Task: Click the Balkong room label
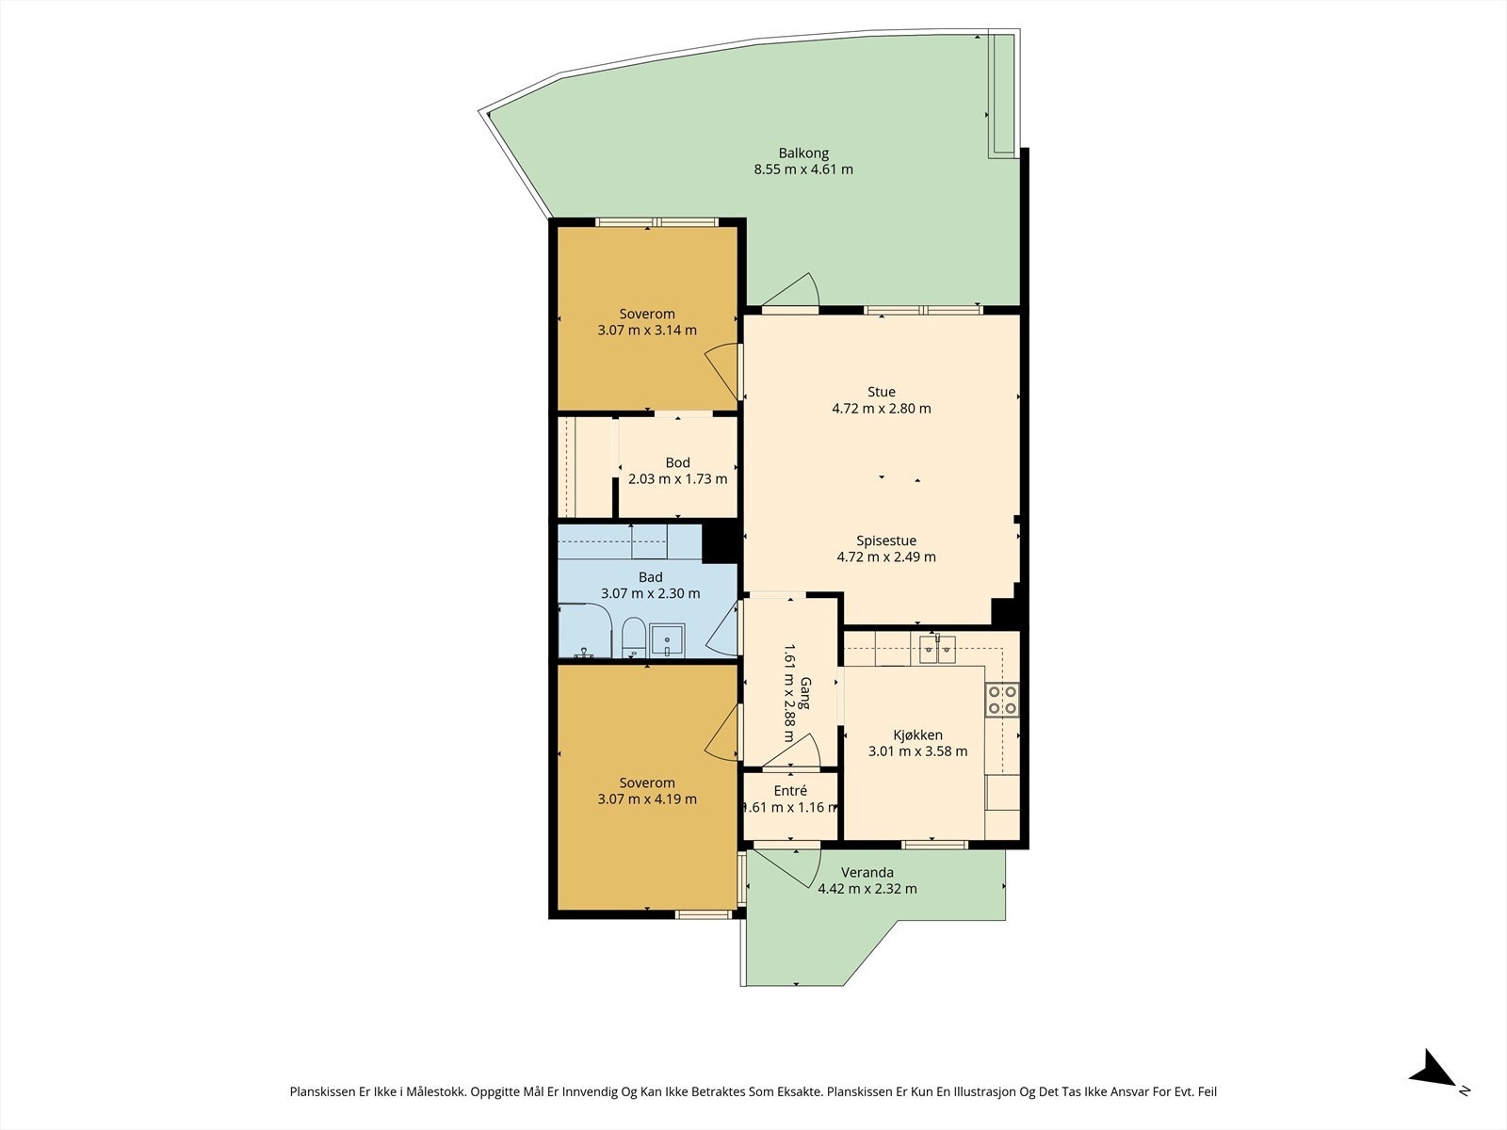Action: pos(803,153)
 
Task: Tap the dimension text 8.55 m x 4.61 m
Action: pos(803,169)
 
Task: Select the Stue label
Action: pos(882,392)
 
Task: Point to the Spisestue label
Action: pos(886,541)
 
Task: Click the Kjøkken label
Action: pos(918,734)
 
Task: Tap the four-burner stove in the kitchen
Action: pos(1002,700)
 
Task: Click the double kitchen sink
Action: pos(938,649)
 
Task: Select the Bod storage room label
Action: pos(677,462)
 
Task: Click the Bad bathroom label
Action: pos(651,577)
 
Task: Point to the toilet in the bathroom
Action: pos(633,637)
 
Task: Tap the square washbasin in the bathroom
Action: pos(668,641)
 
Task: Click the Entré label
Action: pos(790,790)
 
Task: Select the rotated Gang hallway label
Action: pos(805,694)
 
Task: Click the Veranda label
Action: pos(867,872)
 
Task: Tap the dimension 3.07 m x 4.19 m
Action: pos(647,799)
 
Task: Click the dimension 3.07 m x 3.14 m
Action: pos(647,330)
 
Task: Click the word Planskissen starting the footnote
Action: pos(322,1091)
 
